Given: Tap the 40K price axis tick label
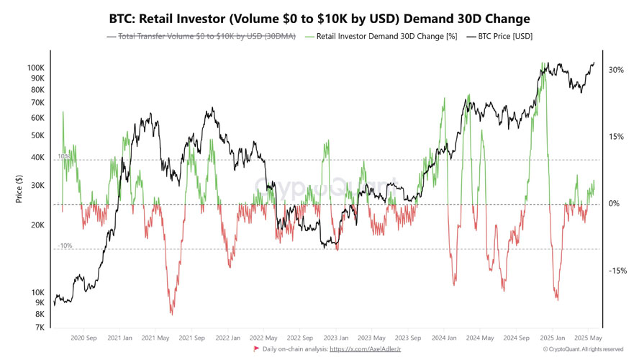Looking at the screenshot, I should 37,158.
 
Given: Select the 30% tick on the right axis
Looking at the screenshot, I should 615,70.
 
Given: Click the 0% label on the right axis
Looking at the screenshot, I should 614,204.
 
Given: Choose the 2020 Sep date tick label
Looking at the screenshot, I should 84,338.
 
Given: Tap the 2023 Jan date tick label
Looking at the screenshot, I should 336,338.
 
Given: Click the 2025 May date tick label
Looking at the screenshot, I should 587,338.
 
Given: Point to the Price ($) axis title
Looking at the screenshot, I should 19,189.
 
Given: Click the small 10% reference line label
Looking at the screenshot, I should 64,156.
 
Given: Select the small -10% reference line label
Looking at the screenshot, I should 65,246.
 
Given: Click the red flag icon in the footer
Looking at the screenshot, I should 256,349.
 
